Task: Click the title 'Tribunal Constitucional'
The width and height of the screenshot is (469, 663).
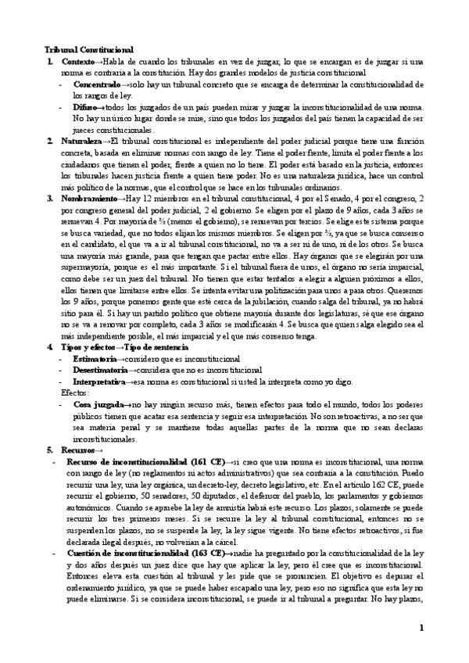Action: pos(89,48)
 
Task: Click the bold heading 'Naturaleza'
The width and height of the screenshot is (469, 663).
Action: pos(82,141)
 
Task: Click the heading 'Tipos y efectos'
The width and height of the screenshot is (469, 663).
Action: pos(86,346)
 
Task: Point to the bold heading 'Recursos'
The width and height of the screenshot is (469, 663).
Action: pos(78,450)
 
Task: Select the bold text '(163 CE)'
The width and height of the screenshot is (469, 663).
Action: pos(206,554)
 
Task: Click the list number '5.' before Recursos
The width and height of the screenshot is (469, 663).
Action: pos(49,450)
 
